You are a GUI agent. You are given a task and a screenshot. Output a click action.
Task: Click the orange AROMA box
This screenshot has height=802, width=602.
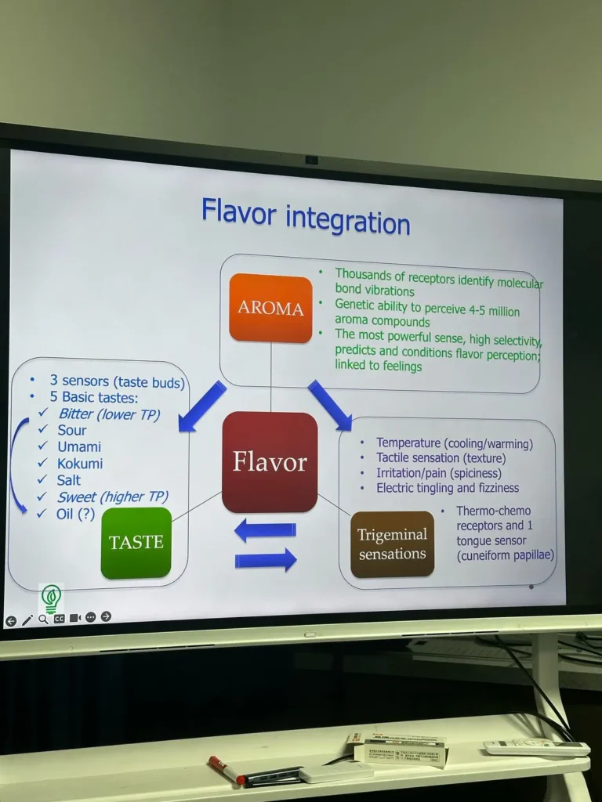270,308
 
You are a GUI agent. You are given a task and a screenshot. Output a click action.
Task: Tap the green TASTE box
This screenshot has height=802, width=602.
136,543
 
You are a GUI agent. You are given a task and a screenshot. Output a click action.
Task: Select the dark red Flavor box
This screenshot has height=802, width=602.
270,462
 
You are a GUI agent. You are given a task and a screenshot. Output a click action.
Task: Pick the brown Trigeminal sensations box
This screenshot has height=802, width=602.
392,544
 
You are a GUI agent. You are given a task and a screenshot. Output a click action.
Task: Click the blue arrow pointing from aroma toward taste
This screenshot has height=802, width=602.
202,406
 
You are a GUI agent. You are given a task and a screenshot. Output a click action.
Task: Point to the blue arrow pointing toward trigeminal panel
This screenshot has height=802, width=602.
329,405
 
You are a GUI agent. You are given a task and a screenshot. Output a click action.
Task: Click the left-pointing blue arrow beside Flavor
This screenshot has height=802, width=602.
265,530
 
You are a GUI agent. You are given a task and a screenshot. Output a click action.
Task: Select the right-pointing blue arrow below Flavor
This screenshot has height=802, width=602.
266,560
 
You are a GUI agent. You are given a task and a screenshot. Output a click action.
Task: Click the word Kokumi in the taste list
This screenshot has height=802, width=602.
80,463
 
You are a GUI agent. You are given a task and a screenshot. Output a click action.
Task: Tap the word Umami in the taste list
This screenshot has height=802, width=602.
79,446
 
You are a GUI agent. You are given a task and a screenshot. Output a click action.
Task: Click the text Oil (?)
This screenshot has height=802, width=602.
75,514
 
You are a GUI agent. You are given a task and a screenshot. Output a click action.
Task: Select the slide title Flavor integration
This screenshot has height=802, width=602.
306,215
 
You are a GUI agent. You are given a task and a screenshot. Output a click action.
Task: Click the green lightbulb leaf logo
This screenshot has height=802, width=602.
51,598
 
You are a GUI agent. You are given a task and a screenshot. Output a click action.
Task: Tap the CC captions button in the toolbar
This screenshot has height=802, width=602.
59,619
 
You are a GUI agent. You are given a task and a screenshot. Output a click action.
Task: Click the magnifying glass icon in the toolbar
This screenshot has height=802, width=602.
43,619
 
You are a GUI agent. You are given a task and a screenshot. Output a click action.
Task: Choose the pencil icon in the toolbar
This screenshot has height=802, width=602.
27,620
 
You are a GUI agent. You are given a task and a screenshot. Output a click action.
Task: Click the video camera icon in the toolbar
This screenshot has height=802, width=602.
75,618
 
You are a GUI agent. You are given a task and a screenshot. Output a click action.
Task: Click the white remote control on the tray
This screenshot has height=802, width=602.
536,747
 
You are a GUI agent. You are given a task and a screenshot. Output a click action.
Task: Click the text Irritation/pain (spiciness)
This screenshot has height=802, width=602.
438,473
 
